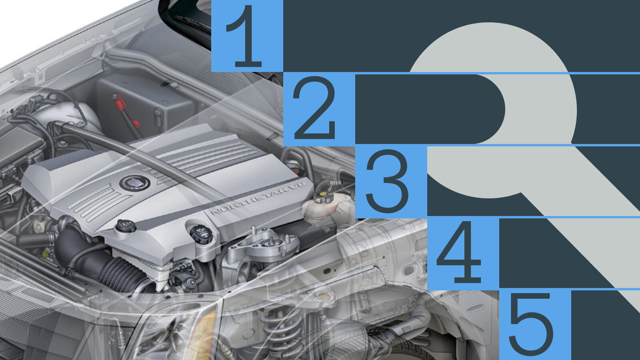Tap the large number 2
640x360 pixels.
[x=314, y=108]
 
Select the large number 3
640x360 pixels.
[x=388, y=181]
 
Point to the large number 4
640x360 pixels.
[x=460, y=252]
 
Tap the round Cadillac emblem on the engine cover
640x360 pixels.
[x=135, y=183]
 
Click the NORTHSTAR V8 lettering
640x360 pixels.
[x=258, y=197]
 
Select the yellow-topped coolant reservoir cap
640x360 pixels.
[x=323, y=197]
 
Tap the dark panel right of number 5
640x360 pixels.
[x=606, y=325]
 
